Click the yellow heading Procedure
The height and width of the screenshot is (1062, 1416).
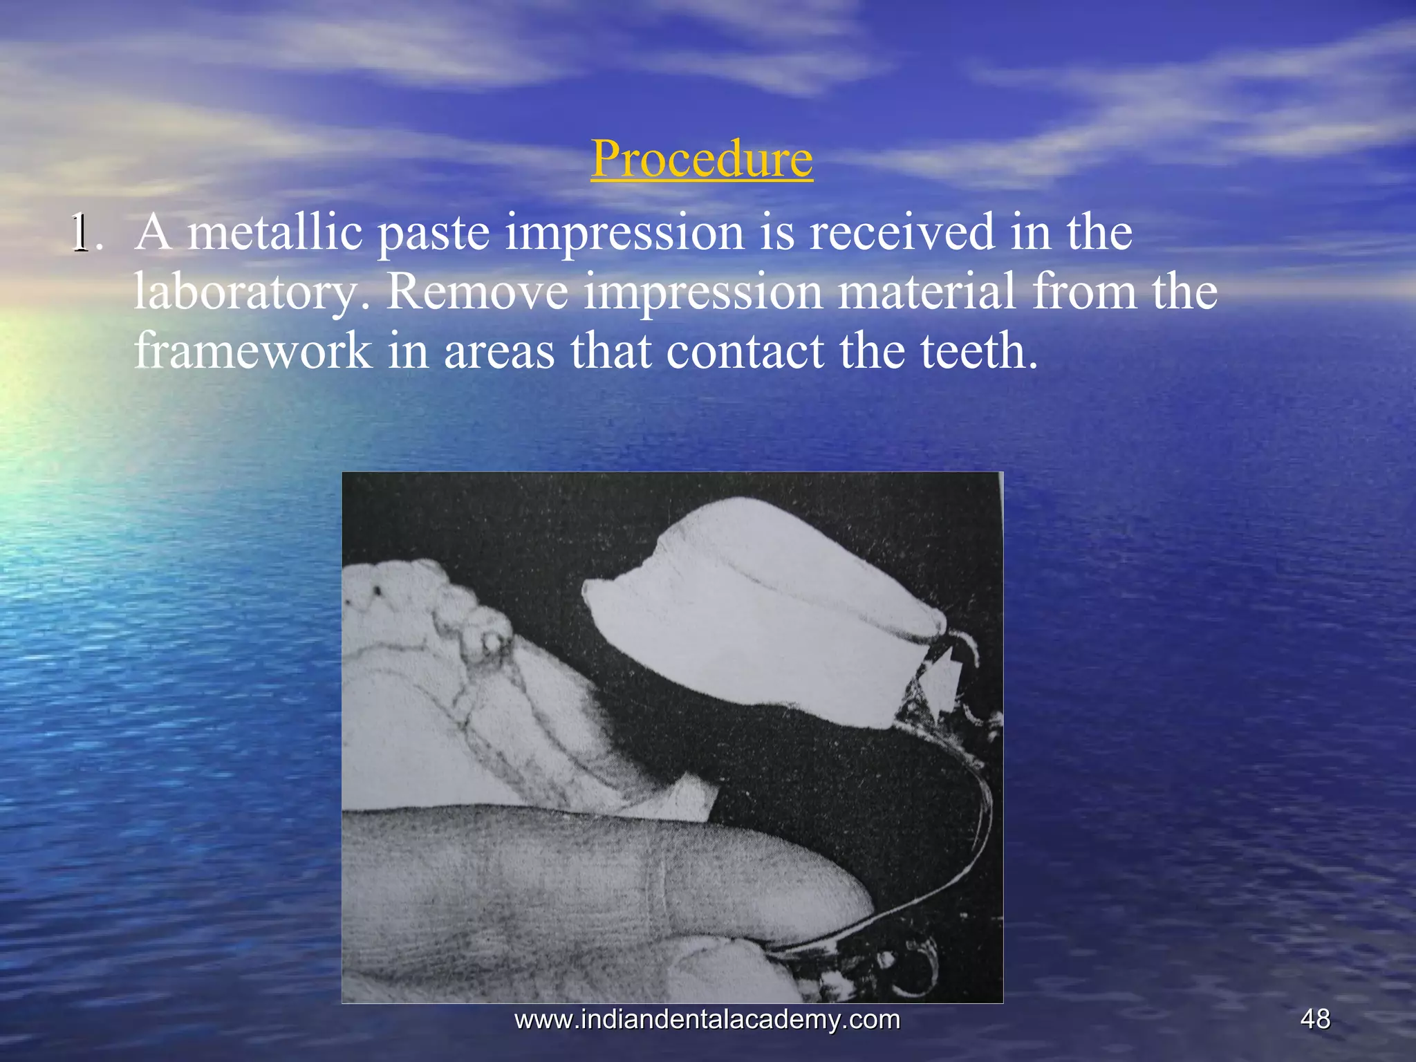click(x=701, y=159)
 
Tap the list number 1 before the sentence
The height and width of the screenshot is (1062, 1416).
click(x=82, y=233)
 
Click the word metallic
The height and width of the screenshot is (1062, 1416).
click(x=275, y=232)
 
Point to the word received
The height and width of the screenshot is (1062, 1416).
click(x=902, y=232)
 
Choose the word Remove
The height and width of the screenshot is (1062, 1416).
click(x=477, y=292)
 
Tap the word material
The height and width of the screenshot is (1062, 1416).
click(x=926, y=292)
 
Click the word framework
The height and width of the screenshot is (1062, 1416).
click(x=252, y=351)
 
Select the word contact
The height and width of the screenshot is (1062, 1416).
click(x=745, y=351)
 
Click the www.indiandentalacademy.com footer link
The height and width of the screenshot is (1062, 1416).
click(x=707, y=1019)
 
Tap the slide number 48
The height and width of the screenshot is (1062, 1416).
click(x=1314, y=1019)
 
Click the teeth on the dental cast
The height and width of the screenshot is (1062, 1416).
click(x=442, y=608)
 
